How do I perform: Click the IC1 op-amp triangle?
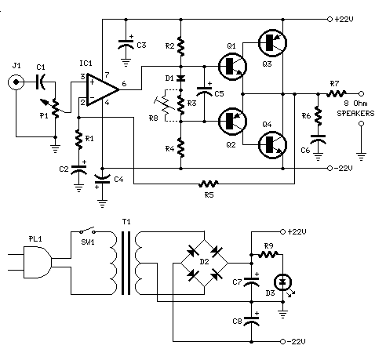tap(100, 89)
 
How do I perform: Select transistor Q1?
tap(232, 67)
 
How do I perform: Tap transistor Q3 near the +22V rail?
tap(272, 43)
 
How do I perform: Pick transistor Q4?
tap(272, 144)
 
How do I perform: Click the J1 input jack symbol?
tap(16, 82)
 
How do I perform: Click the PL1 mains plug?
tap(38, 262)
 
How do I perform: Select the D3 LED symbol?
tap(283, 282)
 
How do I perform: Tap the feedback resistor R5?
tap(209, 184)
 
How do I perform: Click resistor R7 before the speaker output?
tap(337, 93)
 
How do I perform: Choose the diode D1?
tap(180, 78)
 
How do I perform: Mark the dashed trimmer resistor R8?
tap(164, 106)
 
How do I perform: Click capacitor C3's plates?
tap(126, 44)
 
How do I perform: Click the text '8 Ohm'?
tap(355, 104)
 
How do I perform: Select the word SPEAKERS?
tap(355, 114)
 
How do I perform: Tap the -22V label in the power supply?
tap(297, 341)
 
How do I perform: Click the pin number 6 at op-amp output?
tap(124, 84)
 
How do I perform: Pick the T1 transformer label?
tap(126, 222)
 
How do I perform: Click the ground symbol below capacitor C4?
tap(102, 204)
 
